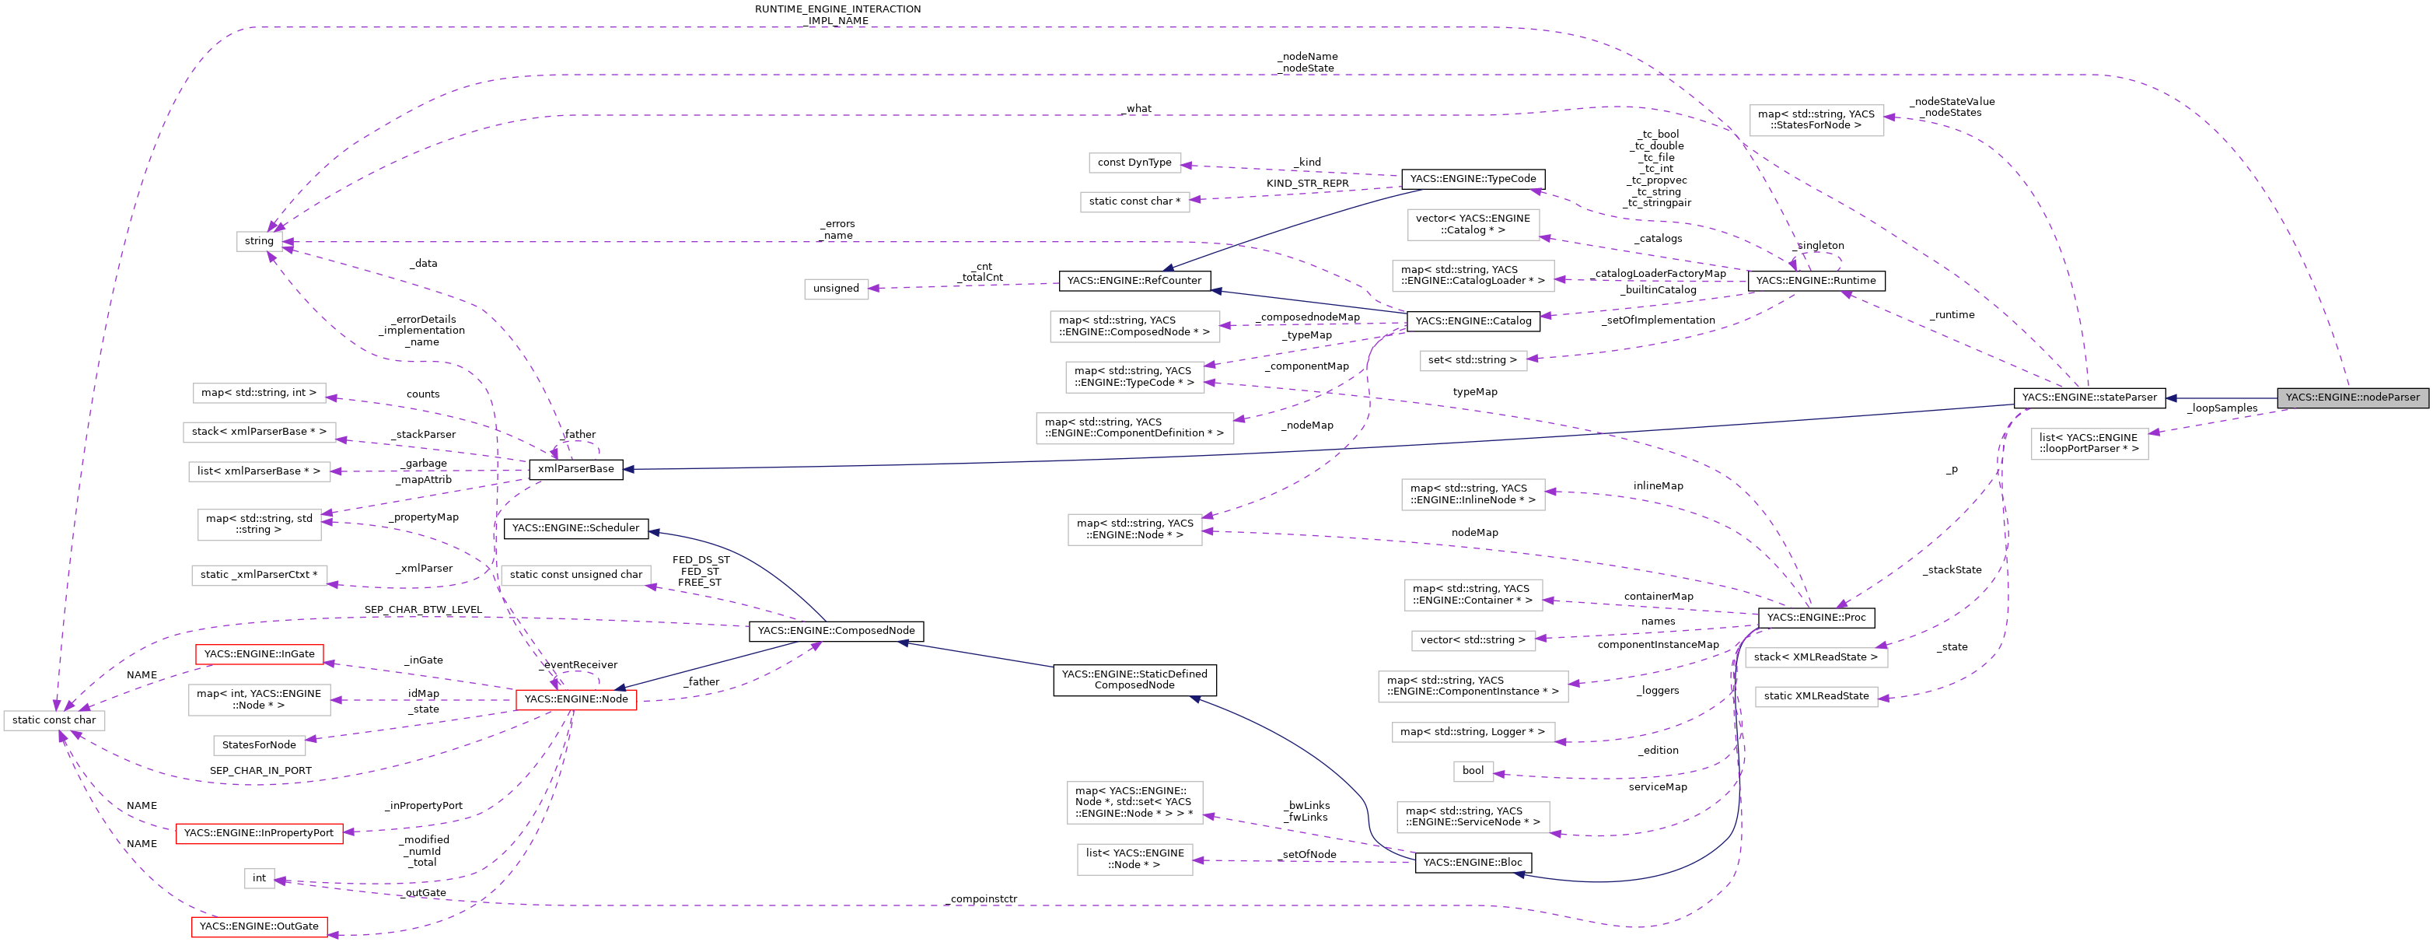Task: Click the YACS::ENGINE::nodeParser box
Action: pyautogui.click(x=2352, y=397)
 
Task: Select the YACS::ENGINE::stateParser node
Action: pyautogui.click(x=2089, y=397)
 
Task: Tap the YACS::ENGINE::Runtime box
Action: pyautogui.click(x=1816, y=281)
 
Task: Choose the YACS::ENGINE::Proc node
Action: pyautogui.click(x=1816, y=618)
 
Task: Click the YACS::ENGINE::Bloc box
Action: pyautogui.click(x=1473, y=863)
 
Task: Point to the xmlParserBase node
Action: pyautogui.click(x=575, y=468)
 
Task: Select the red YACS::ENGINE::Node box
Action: pyautogui.click(x=575, y=699)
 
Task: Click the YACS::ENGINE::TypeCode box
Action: pyautogui.click(x=1473, y=179)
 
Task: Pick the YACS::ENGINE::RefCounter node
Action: pyautogui.click(x=1134, y=281)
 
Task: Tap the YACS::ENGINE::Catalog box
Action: pyautogui.click(x=1473, y=321)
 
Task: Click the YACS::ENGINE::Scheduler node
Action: pyautogui.click(x=575, y=528)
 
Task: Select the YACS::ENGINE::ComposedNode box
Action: pyautogui.click(x=836, y=631)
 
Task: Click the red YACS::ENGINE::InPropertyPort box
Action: pyautogui.click(x=259, y=833)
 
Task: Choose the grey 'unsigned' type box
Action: pyautogui.click(x=836, y=288)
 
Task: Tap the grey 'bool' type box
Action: pyautogui.click(x=1473, y=771)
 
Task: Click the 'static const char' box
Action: pyautogui.click(x=54, y=720)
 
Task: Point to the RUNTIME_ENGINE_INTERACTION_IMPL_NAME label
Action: pyautogui.click(x=837, y=15)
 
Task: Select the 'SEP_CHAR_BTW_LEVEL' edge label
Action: pyautogui.click(x=423, y=609)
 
